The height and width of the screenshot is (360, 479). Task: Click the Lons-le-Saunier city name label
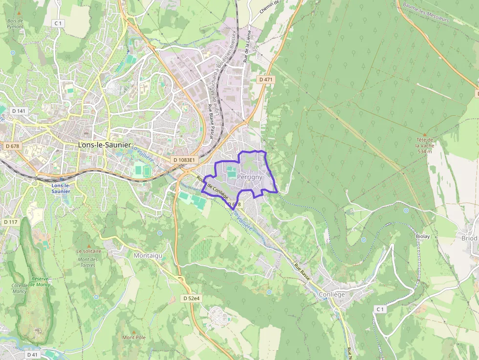tap(105, 145)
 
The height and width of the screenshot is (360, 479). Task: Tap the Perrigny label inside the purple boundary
tap(249, 177)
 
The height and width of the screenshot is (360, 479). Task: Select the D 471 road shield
tap(266, 79)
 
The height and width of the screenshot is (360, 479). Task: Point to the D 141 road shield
tap(21, 111)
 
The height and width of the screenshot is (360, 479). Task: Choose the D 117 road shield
tap(10, 222)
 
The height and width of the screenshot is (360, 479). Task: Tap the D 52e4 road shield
tap(192, 298)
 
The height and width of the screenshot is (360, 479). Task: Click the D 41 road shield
tap(32, 354)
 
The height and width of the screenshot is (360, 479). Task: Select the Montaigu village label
tap(147, 255)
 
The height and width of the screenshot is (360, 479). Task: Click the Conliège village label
tap(332, 294)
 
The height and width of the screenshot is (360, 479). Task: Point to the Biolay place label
tap(423, 236)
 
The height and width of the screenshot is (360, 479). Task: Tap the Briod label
tap(469, 238)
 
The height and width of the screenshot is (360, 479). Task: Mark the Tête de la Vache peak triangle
tap(424, 134)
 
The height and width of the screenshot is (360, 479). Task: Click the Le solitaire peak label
tap(88, 251)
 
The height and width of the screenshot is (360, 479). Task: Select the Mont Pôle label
tap(134, 338)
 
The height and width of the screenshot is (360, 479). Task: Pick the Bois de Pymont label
tap(15, 23)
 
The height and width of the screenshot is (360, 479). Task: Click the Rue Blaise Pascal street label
tap(211, 121)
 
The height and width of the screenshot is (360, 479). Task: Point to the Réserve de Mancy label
tap(41, 281)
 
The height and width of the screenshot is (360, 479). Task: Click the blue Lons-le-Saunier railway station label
tap(61, 189)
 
